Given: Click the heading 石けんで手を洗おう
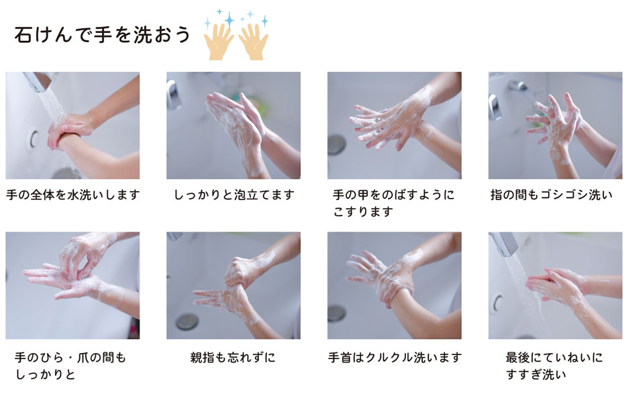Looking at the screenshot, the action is pos(102,34).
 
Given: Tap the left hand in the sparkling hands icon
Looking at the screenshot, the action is pos(218,42).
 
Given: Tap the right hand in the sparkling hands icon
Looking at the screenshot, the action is pos(254,42).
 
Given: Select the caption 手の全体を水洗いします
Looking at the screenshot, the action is pos(73,195).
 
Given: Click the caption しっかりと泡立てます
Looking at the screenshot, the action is pos(234,195).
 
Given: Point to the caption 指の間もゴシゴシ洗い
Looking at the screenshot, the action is pos(552,195).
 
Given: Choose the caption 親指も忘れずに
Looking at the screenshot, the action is pos(233,357).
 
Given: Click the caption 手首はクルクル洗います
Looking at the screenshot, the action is pos(395,357).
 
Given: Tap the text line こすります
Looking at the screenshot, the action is pos(363,211).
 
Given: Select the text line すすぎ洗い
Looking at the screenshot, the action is pos(536,375).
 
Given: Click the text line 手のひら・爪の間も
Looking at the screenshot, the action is pos(70,357).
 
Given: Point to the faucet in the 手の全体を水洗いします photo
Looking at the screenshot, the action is pos(39,81).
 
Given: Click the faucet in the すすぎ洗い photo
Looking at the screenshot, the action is pos(505,243).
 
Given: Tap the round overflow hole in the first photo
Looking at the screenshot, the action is pos(34,139).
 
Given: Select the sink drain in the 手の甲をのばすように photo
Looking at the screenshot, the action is pos(336,145).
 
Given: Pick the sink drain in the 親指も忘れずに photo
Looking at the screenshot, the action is pos(187,321).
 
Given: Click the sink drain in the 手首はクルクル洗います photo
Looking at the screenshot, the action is pos(336,313).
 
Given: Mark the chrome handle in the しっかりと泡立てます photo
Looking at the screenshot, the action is pos(173,95).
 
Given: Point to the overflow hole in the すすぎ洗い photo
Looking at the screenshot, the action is pos(498,303).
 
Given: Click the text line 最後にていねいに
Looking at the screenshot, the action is pos(554,357).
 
